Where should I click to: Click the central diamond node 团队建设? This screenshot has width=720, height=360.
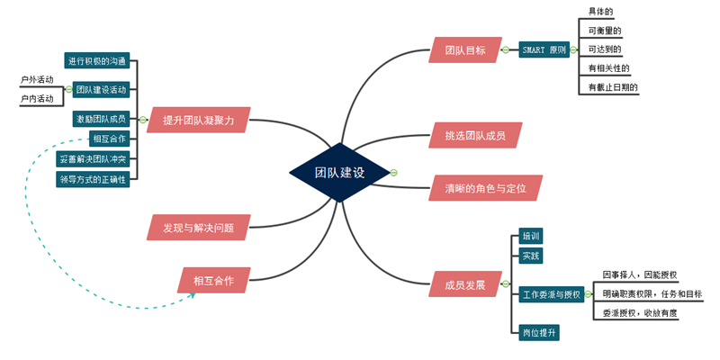point(339,172)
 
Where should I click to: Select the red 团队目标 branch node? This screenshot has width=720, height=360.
point(464,50)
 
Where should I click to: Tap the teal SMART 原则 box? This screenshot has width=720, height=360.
point(544,50)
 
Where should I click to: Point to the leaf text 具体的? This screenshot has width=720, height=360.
point(600,12)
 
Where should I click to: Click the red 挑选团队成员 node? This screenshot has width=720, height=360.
point(474,136)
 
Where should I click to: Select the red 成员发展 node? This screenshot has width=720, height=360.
point(464,285)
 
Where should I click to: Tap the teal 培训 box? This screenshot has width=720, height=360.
point(531,237)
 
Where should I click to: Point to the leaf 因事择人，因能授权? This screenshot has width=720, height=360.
point(639,274)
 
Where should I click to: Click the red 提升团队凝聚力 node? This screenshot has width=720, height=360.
point(199,120)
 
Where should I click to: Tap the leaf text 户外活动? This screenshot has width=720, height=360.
point(37,80)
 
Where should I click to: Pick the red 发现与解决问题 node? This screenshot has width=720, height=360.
point(198,229)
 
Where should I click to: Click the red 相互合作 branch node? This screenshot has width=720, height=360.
point(213,280)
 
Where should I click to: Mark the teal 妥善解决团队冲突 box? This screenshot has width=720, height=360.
point(93,158)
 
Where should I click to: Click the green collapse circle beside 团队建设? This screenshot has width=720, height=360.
point(394,172)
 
